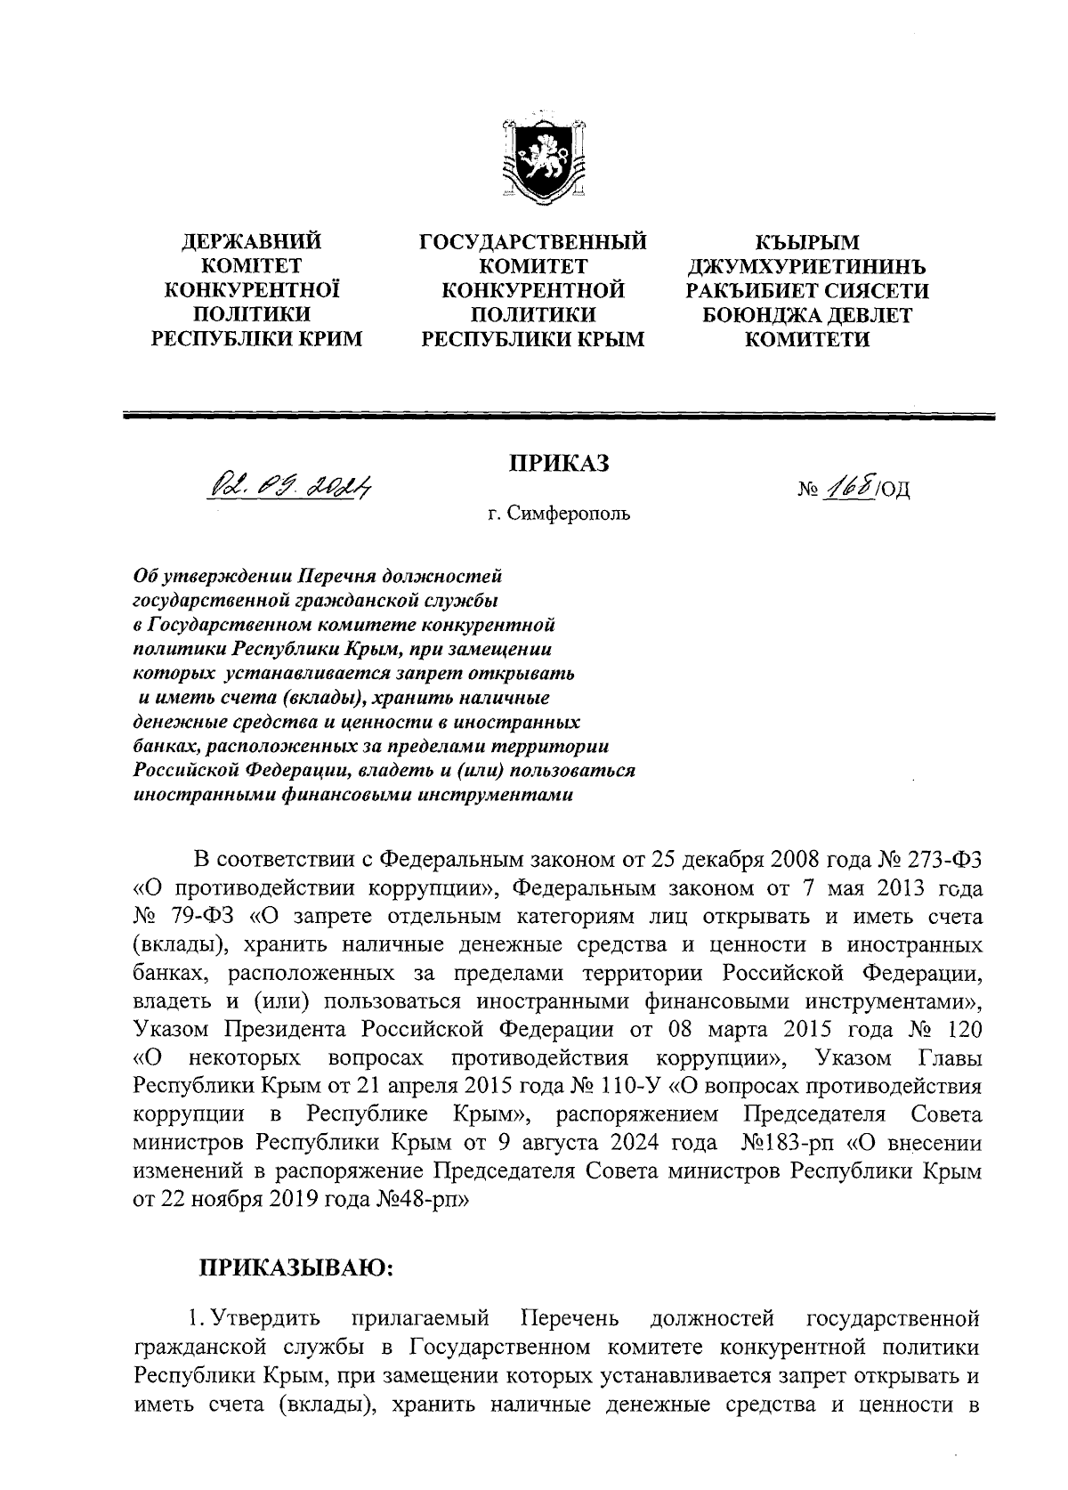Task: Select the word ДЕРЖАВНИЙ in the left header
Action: click(x=252, y=241)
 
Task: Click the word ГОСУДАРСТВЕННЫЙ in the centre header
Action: click(x=533, y=241)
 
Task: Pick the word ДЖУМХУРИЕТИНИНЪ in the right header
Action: click(x=807, y=266)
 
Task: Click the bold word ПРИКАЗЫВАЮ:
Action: click(x=295, y=1267)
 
